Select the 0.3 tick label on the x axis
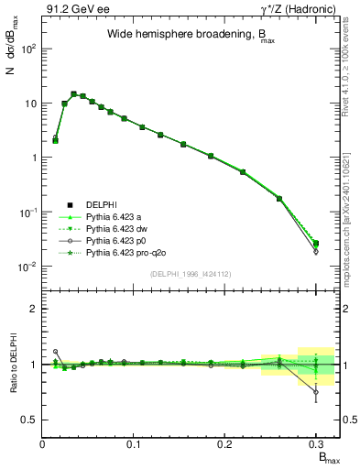pos(316,444)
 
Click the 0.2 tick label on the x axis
pos(224,444)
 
